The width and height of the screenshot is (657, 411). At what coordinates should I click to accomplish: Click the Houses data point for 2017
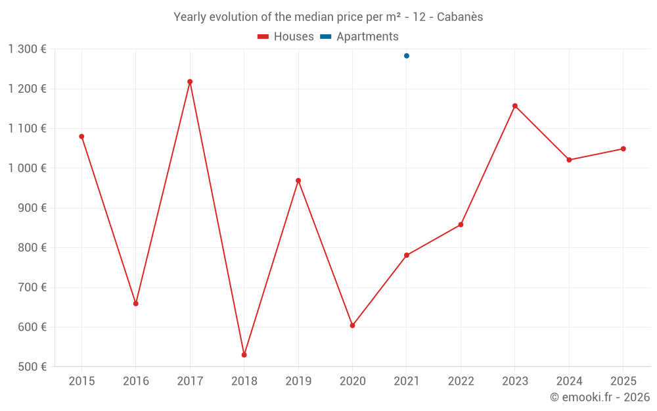pos(190,82)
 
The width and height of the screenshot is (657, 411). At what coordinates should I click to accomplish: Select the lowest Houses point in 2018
pos(244,355)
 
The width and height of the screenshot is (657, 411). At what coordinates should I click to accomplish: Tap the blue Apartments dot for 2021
pos(407,56)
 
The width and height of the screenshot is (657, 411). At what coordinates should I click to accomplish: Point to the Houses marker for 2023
pos(515,106)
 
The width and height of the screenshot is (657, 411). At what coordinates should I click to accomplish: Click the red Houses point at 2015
pos(81,137)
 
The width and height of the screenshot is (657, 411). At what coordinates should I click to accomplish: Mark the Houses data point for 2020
pos(352,326)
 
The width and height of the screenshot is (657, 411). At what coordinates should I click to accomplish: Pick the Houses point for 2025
pos(623,149)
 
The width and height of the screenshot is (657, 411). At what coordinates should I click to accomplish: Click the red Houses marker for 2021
pos(407,255)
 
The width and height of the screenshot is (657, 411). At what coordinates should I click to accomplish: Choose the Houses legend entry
pos(286,37)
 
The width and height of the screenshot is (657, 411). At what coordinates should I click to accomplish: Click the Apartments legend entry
pos(359,37)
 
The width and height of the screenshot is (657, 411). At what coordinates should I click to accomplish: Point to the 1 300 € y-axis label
pos(28,49)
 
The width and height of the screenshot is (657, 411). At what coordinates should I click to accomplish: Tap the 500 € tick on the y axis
pos(32,367)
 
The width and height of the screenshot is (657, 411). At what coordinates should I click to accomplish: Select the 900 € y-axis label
pos(32,208)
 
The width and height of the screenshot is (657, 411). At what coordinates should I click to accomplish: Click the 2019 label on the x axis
pos(298,381)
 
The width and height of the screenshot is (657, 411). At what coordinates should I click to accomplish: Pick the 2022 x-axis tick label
pos(461,381)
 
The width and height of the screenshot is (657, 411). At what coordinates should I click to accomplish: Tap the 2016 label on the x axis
pos(136,381)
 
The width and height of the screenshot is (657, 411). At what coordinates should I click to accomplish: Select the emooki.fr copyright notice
pos(599,397)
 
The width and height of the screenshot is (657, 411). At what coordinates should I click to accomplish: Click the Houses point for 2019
pos(298,181)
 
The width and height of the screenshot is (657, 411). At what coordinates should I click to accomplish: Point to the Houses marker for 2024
pos(569,160)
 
